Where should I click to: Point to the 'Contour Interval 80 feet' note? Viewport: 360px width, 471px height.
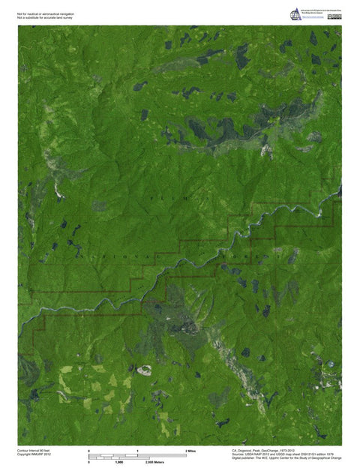tap(33, 451)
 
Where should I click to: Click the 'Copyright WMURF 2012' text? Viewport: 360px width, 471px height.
tap(34, 455)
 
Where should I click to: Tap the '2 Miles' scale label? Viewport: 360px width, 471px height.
tap(190, 450)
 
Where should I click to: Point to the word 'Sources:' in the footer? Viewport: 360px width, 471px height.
tap(238, 455)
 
